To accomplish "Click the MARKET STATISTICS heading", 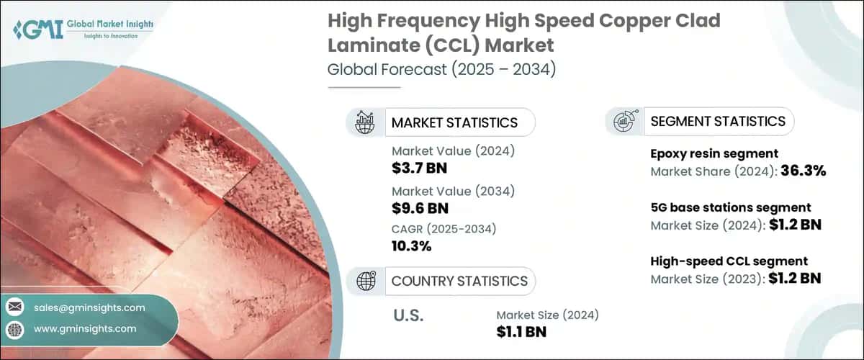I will pos(454,122).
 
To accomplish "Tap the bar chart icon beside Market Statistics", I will pos(366,122).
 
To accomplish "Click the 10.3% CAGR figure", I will pos(411,246).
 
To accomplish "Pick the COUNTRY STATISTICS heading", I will pos(459,281).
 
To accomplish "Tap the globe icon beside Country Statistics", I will pos(366,281).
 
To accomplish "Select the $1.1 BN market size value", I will pos(521,331).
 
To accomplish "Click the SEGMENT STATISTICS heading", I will pos(717,121).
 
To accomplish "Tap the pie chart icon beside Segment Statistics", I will pos(624,121).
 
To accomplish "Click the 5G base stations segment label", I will pos(731,207).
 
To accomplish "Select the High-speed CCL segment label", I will pos(729,261).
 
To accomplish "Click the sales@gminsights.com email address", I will pos(89,307).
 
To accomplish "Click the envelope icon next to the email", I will pos(14,307).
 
